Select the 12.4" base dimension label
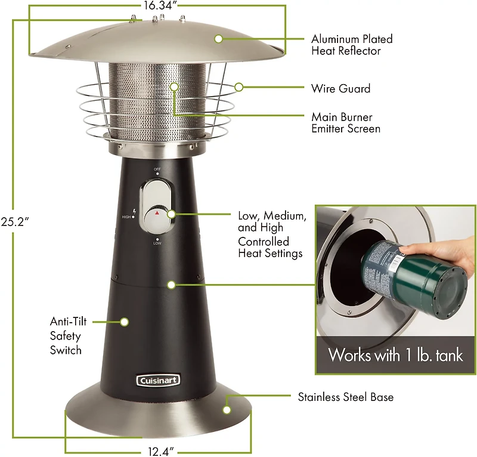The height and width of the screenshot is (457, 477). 158,449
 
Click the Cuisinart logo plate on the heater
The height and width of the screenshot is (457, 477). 158,379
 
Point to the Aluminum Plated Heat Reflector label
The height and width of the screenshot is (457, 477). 352,45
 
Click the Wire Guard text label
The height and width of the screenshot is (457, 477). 340,88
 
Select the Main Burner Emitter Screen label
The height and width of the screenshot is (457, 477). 345,122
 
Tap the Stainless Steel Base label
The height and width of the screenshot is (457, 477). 345,396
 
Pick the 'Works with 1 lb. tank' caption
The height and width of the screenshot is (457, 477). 395,356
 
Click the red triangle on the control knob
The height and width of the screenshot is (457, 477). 157,212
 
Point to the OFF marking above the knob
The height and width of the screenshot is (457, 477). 157,169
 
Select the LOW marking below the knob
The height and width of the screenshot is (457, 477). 157,243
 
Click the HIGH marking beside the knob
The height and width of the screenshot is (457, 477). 126,217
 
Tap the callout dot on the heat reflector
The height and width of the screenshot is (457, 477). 218,39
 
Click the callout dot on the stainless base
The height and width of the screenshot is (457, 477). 227,409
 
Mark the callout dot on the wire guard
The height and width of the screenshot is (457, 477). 238,87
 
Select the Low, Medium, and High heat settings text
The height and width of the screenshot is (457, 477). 272,234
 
